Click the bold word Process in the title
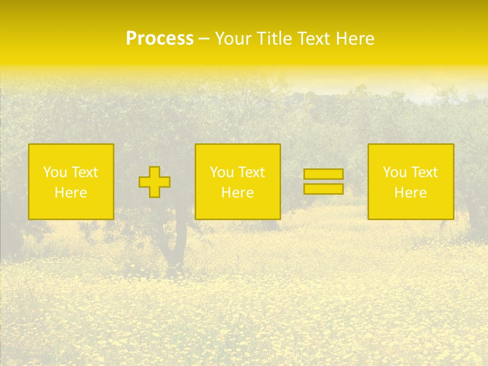(x=160, y=39)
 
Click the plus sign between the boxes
(x=155, y=182)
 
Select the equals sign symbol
(x=323, y=181)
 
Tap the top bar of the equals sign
(x=323, y=174)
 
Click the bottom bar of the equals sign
(x=323, y=189)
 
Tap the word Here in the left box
(x=71, y=193)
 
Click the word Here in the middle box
(x=237, y=193)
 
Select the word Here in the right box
(x=410, y=193)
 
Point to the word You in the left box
(x=55, y=172)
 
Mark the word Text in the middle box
(x=251, y=172)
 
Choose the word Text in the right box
(x=423, y=172)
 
